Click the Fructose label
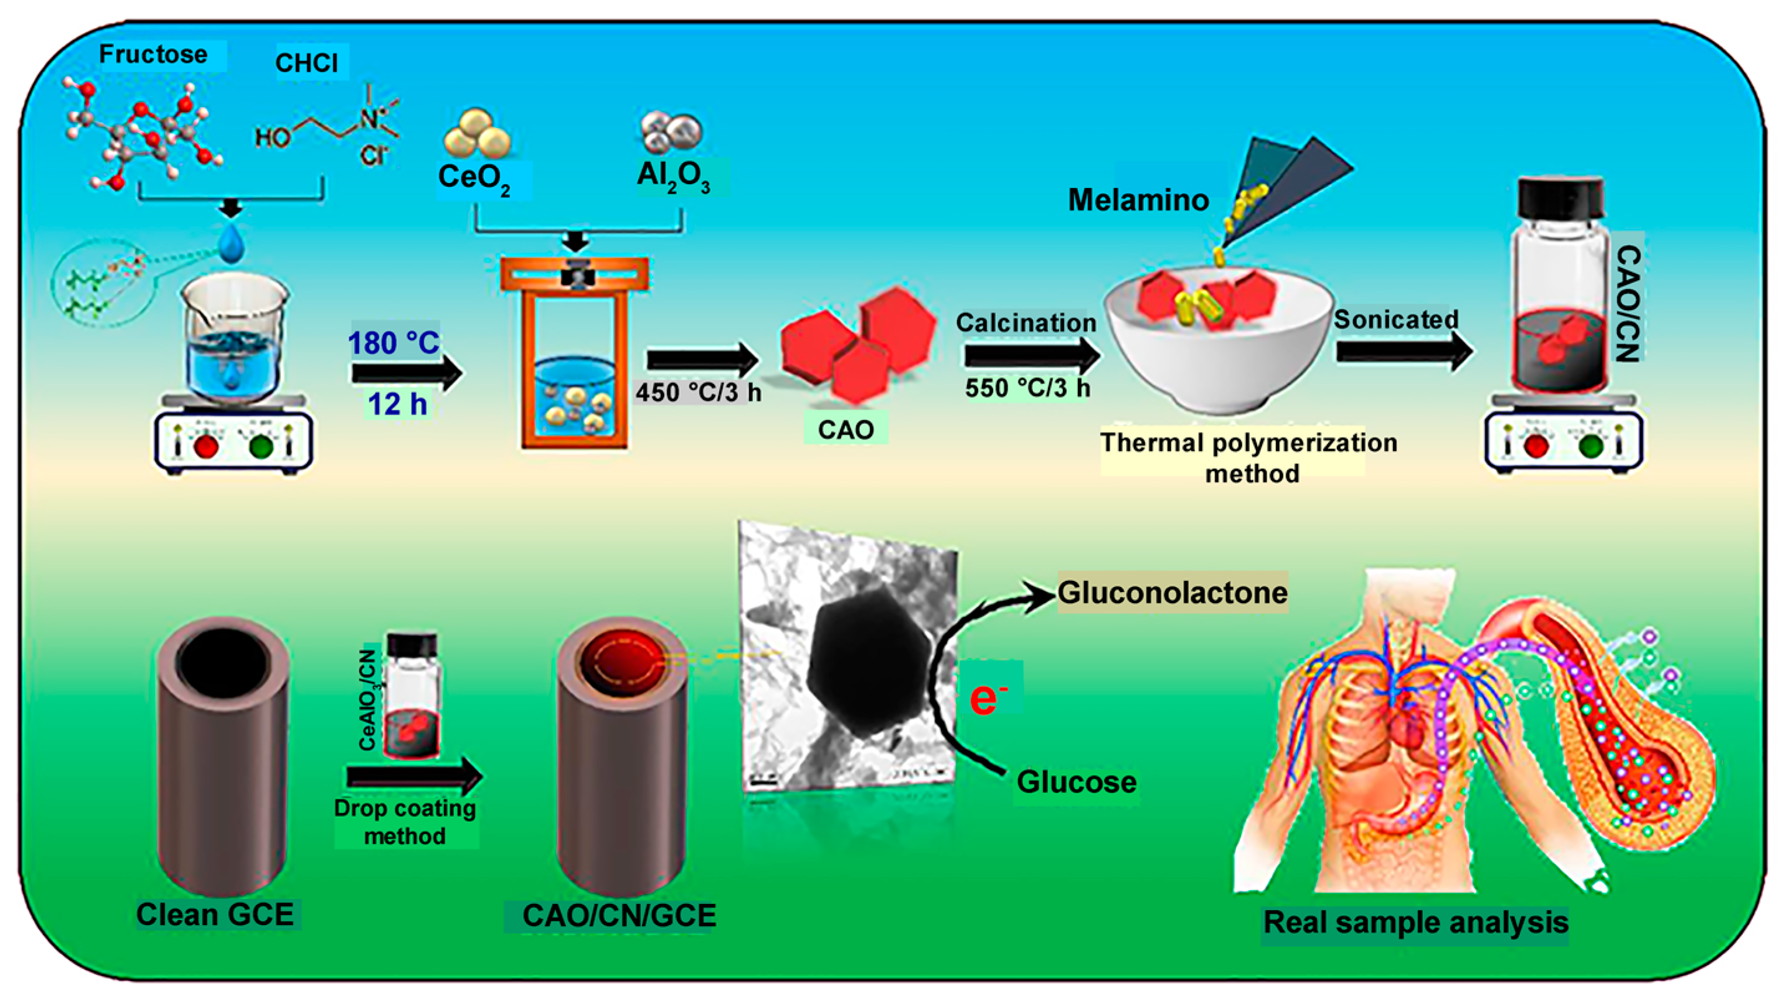point(153,55)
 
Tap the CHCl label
point(307,63)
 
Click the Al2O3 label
point(674,176)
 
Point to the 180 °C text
point(394,343)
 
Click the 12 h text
point(397,404)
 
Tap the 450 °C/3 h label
point(698,393)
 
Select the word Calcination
point(1025,323)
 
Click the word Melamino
point(1138,200)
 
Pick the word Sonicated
point(1396,319)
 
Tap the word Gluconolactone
point(1173,593)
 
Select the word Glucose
point(1077,782)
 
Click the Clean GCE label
point(215,915)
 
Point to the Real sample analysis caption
point(1415,923)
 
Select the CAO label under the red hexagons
point(845,430)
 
